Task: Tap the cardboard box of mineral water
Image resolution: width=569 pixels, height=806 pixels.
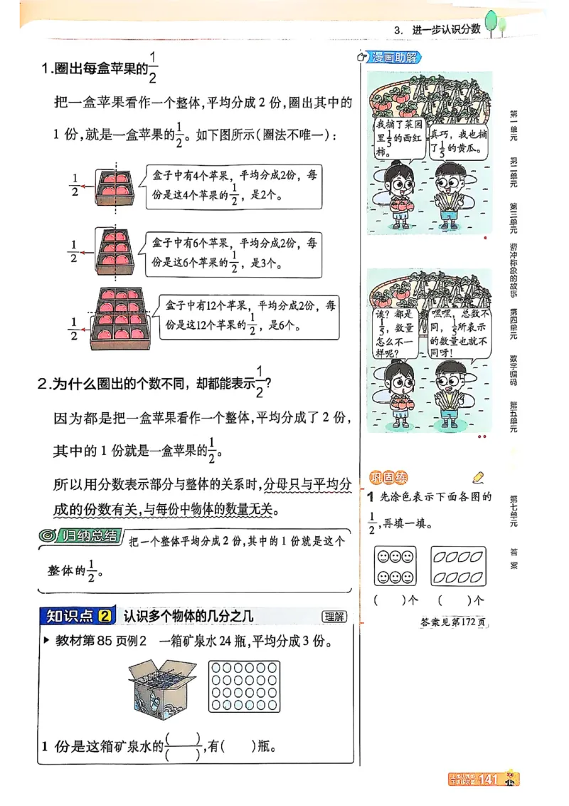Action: tap(163, 686)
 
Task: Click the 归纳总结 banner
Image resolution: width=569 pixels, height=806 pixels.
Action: tap(80, 537)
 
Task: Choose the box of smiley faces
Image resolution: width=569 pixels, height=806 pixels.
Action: tap(395, 566)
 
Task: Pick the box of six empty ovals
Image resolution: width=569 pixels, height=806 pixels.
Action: tap(459, 566)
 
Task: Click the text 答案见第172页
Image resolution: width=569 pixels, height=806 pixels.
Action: tap(453, 622)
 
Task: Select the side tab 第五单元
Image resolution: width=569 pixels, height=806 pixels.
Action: tap(513, 417)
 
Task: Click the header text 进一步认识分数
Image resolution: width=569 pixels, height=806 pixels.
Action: tap(447, 30)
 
